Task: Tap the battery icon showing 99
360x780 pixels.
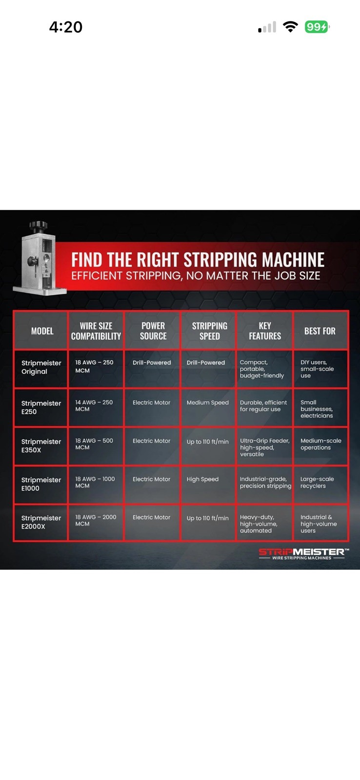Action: [x=317, y=27]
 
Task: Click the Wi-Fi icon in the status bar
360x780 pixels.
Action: [x=290, y=27]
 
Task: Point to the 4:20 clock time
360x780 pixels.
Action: [x=65, y=27]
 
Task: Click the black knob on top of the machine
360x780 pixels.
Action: [x=39, y=226]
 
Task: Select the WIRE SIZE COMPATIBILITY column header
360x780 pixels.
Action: [x=96, y=331]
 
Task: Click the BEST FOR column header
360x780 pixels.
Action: [x=320, y=331]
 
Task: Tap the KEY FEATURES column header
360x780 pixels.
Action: [x=265, y=331]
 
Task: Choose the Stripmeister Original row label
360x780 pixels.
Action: [x=41, y=367]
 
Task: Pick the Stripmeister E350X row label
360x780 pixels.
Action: [x=41, y=446]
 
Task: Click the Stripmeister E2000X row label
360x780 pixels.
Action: [x=41, y=522]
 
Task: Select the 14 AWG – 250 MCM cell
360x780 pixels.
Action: [x=94, y=406]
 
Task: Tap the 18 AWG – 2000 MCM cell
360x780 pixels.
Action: [x=96, y=520]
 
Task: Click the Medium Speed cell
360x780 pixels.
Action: [x=208, y=403]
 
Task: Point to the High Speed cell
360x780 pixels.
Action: [x=202, y=479]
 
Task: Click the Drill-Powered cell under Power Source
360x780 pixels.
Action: [x=152, y=363]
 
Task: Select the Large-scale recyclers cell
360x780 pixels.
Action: [x=317, y=482]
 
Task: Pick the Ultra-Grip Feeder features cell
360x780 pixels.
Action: [x=265, y=448]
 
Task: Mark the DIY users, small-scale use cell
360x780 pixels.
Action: [x=317, y=369]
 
